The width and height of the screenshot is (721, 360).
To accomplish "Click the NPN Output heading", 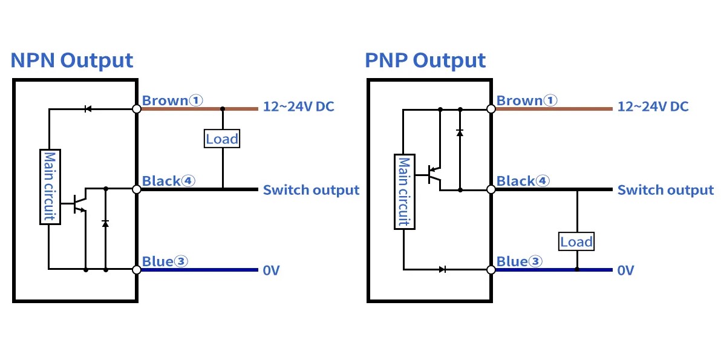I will click(x=72, y=61).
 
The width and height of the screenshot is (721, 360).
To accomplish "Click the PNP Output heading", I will click(x=425, y=61).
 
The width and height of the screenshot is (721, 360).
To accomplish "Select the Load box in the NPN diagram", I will click(x=222, y=139).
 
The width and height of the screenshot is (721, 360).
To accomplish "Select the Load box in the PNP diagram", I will click(x=576, y=242).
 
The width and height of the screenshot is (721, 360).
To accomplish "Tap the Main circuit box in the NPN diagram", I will click(x=50, y=186).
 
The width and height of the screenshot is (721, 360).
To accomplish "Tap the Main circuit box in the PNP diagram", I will click(x=403, y=192).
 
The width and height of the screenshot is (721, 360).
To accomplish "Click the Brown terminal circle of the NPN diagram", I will click(x=137, y=109).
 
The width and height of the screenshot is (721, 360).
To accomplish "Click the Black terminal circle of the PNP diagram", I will click(x=491, y=189).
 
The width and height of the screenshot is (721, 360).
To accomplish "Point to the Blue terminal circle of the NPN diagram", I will click(x=137, y=270).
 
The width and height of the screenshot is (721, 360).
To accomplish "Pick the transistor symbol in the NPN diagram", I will click(x=79, y=203).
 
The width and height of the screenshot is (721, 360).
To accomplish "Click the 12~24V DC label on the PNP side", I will click(x=653, y=107).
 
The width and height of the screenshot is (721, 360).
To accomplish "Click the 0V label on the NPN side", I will click(x=271, y=270).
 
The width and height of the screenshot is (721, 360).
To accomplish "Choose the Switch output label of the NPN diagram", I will click(x=311, y=190).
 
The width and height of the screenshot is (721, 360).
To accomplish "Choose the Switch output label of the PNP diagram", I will click(x=665, y=190).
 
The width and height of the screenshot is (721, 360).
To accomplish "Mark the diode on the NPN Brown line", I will click(x=88, y=109).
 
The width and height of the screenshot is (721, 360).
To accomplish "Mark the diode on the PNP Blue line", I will click(x=443, y=269).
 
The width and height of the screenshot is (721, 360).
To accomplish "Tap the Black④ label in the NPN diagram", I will click(x=168, y=180).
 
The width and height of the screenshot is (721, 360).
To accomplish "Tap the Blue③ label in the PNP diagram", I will click(x=519, y=261).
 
